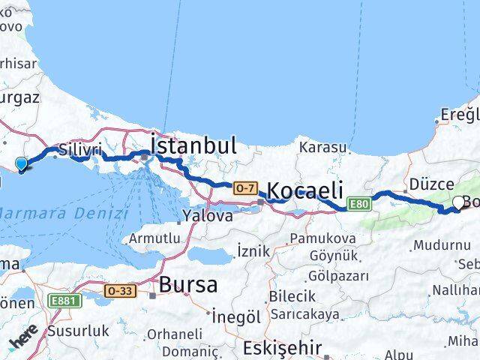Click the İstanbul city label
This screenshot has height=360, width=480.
(194, 145)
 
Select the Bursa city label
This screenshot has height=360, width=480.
(188, 285)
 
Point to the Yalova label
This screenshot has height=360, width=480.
(207, 216)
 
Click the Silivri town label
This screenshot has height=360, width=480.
(79, 150)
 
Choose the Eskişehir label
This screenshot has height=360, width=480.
(282, 348)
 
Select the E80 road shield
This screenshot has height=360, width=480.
(358, 203)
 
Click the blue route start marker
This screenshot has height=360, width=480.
(22, 164)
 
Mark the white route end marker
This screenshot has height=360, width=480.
(459, 202)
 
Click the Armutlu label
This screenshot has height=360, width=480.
(154, 238)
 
